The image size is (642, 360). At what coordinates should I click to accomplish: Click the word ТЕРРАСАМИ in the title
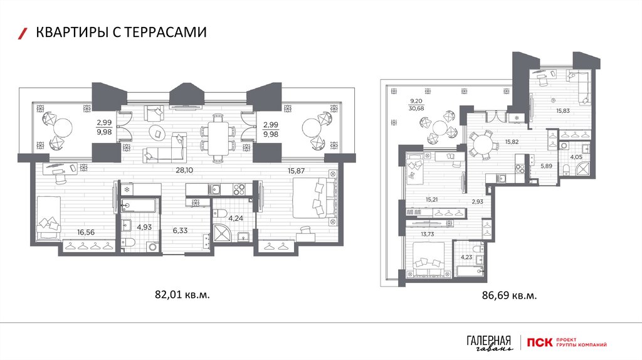coord(164,32)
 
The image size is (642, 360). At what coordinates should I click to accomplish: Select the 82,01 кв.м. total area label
coord(182,294)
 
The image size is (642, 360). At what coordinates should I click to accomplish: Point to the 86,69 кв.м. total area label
coord(509,295)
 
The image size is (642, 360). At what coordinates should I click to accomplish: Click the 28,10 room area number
coord(184,171)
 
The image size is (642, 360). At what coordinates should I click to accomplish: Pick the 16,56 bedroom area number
coord(86,232)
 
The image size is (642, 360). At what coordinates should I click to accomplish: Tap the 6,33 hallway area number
coord(180,231)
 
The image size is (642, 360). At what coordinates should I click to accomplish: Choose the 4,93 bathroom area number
coord(144,227)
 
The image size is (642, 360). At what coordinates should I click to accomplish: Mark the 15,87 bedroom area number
coord(296,171)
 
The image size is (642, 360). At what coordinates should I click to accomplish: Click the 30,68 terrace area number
coord(416,108)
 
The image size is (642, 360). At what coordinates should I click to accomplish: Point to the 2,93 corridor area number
coord(477,201)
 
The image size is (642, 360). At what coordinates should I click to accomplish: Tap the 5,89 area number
coord(547,166)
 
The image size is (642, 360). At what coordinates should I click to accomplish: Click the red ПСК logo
coord(540,342)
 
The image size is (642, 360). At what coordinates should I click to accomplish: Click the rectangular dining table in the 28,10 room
coord(218,138)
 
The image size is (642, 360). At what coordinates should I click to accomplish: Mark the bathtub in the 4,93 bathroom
coord(139,206)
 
